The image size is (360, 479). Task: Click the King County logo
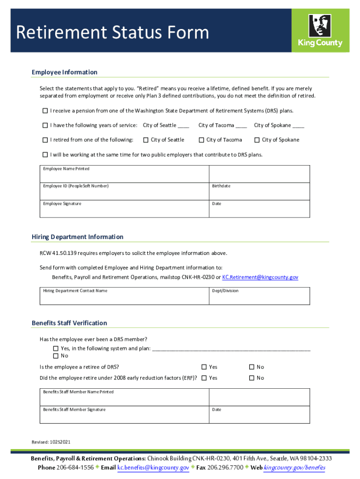click(x=320, y=30)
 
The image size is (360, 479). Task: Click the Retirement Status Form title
click(x=112, y=33)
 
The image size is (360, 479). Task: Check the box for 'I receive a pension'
click(x=45, y=111)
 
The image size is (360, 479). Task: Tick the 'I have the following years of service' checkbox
click(x=45, y=125)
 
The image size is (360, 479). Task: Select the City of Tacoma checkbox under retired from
click(x=202, y=140)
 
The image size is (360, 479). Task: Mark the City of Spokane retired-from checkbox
click(x=257, y=140)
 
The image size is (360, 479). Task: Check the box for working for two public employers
click(x=45, y=154)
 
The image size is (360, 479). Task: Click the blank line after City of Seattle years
click(x=183, y=126)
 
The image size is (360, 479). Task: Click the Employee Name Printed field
click(x=124, y=174)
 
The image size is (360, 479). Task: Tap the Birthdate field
click(x=259, y=192)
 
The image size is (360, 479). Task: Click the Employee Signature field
click(x=124, y=210)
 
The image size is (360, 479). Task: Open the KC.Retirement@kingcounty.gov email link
click(x=260, y=277)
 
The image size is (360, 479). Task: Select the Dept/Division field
click(x=259, y=296)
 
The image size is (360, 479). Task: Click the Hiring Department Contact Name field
click(x=124, y=296)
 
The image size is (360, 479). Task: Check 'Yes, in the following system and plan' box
click(x=56, y=348)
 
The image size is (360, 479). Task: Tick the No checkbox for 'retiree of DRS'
click(x=252, y=367)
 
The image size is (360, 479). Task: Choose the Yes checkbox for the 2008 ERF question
click(x=204, y=378)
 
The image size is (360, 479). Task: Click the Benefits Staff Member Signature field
click(x=124, y=415)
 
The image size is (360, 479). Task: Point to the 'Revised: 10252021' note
click(x=51, y=442)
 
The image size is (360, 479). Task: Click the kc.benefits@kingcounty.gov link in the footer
click(x=153, y=468)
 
